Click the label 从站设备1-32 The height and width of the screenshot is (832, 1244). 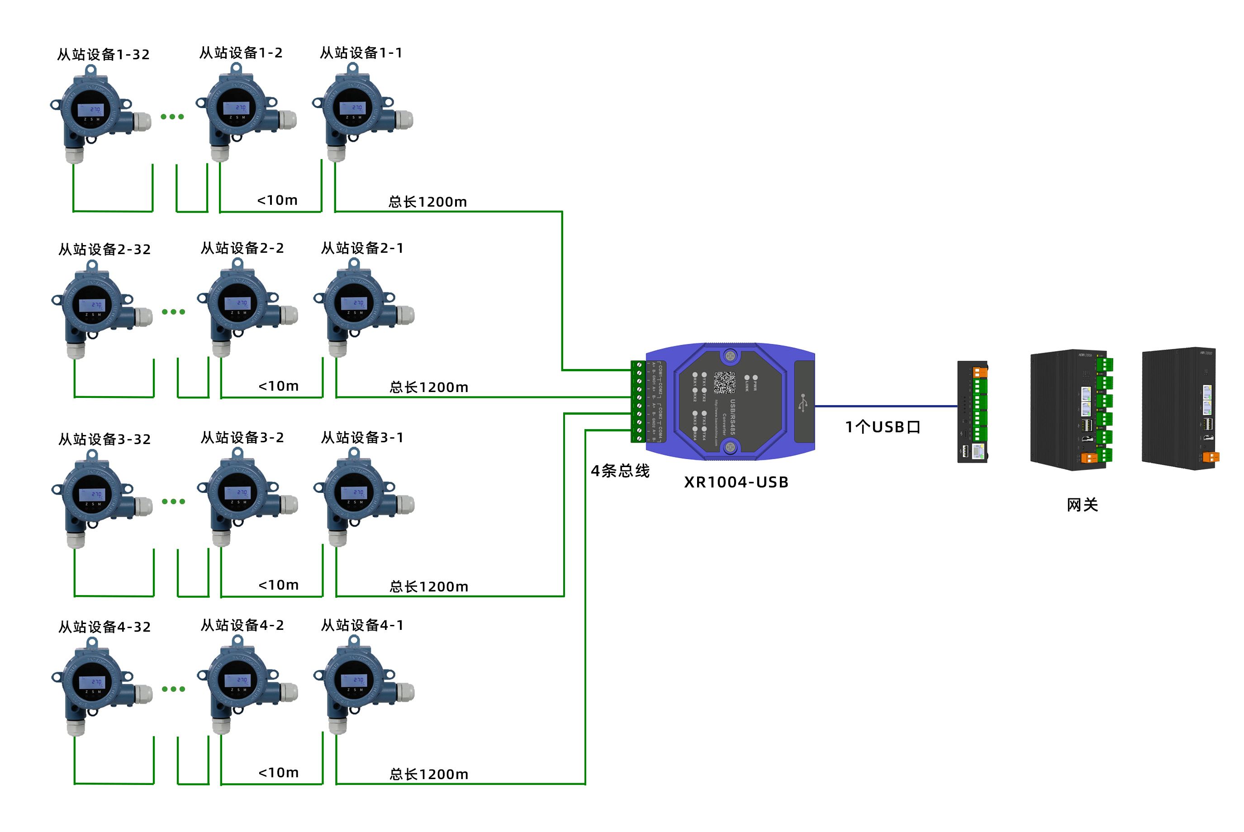pos(104,55)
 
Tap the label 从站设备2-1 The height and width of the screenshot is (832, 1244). pos(362,248)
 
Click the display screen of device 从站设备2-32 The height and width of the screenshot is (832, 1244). pos(92,305)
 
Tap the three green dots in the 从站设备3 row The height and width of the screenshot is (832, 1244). pos(174,501)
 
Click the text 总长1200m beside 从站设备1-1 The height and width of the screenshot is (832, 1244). pos(428,202)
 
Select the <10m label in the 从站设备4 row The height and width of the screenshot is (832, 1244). pos(279,773)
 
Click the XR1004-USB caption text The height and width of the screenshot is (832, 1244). pos(736,482)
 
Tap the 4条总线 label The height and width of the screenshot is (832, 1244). pos(620,471)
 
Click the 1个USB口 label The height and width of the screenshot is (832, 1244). pos(883,427)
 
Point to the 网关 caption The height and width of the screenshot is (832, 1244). pos(1082,505)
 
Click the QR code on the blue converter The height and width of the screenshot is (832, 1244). pos(724,382)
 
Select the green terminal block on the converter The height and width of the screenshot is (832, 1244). pos(638,402)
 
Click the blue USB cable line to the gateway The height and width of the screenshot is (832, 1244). pos(886,407)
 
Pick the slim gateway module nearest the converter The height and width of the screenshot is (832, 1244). pos(972,412)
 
